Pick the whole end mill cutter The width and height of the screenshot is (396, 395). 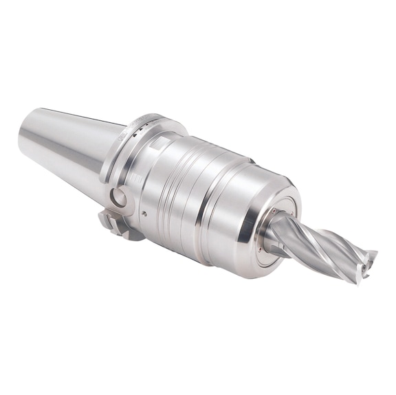323,240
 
